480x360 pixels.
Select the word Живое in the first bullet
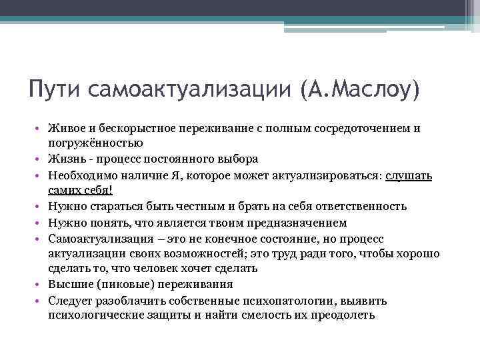(x=65, y=127)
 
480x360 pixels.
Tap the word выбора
(x=237, y=159)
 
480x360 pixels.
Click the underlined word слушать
(x=409, y=175)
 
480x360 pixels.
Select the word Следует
(x=70, y=301)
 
